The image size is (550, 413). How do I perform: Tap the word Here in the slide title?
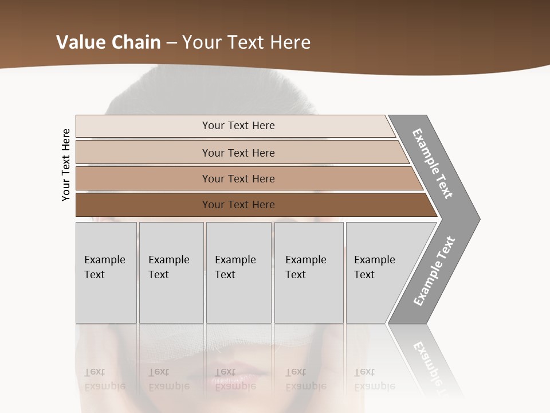pyautogui.click(x=290, y=42)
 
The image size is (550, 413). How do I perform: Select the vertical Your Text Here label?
pyautogui.click(x=66, y=165)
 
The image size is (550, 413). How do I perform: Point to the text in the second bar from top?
pyautogui.click(x=238, y=153)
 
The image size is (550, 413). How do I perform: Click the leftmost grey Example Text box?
pyautogui.click(x=106, y=272)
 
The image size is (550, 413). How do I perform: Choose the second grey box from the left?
pyautogui.click(x=171, y=272)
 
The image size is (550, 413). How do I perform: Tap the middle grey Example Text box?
pyautogui.click(x=238, y=272)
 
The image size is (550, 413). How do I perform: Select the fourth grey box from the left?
pyautogui.click(x=309, y=272)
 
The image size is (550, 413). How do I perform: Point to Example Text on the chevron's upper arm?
pyautogui.click(x=433, y=163)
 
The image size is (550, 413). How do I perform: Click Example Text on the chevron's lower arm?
pyautogui.click(x=434, y=271)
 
